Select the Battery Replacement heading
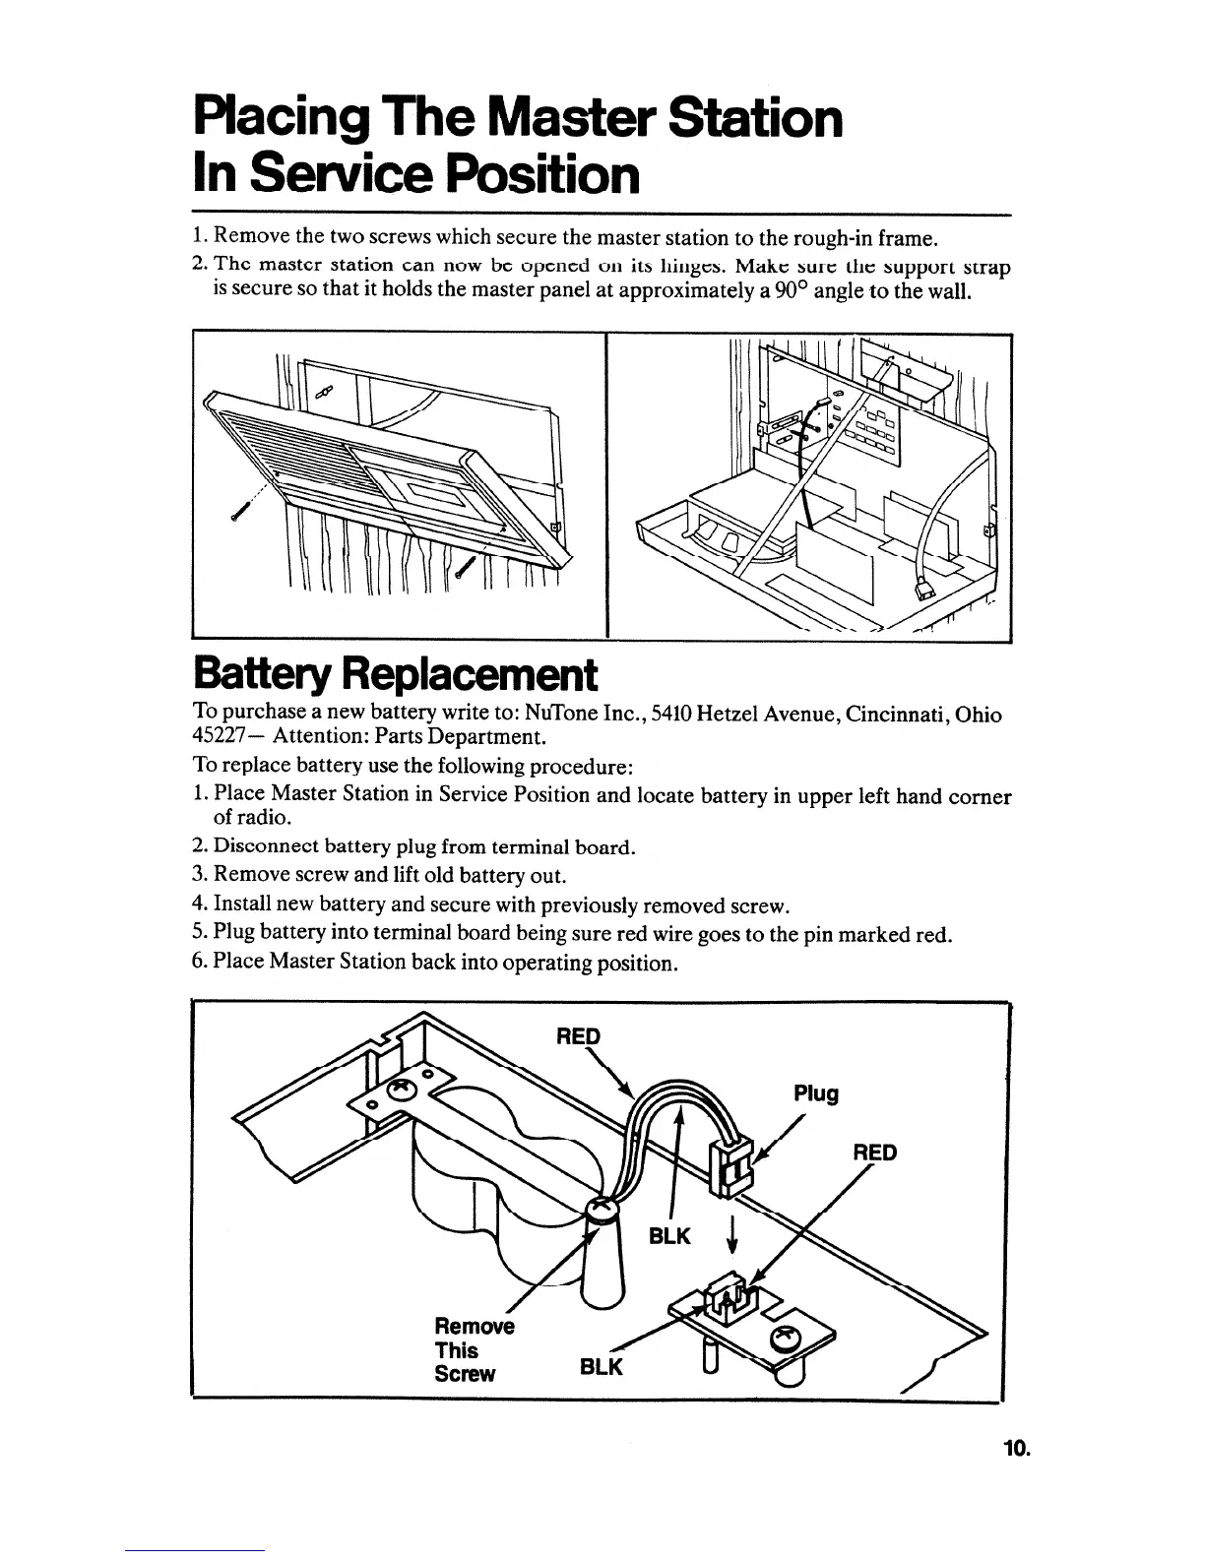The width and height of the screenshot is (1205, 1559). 394,675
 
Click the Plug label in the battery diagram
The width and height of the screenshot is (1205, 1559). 816,1093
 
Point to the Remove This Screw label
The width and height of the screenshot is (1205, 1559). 474,1350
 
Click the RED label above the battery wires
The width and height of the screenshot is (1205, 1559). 578,1036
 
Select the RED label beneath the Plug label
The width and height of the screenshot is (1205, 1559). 874,1153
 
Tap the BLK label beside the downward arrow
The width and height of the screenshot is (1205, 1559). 670,1236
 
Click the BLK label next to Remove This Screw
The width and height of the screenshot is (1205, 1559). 602,1368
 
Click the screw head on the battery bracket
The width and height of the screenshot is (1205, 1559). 402,1091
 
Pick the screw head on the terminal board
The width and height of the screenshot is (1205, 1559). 788,1337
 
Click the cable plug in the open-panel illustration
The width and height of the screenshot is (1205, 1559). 925,590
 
